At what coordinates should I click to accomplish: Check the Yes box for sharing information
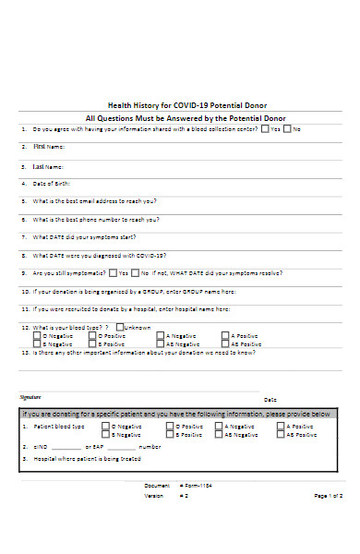pos(265,129)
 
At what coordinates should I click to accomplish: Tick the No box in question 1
pos(287,129)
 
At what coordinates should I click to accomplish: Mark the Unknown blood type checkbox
pos(121,327)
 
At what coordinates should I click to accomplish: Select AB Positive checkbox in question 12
pos(226,343)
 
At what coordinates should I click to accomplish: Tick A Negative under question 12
pos(162,335)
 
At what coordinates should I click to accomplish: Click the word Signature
pos(31,396)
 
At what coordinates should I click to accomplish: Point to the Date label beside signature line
pos(270,399)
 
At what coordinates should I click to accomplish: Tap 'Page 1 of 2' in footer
pos(328,522)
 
